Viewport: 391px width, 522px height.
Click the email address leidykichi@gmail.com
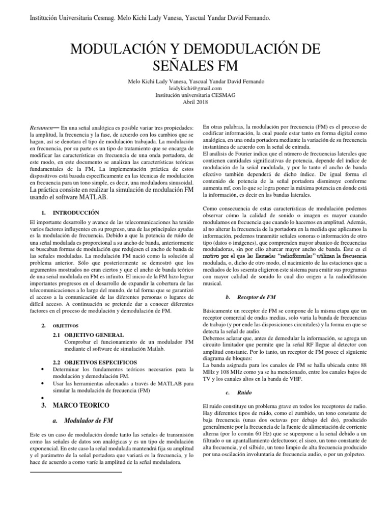point(195,88)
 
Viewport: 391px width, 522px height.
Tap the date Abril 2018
point(195,101)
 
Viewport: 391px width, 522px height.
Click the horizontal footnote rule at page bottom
point(76,472)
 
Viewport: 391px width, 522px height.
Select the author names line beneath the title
point(195,82)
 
